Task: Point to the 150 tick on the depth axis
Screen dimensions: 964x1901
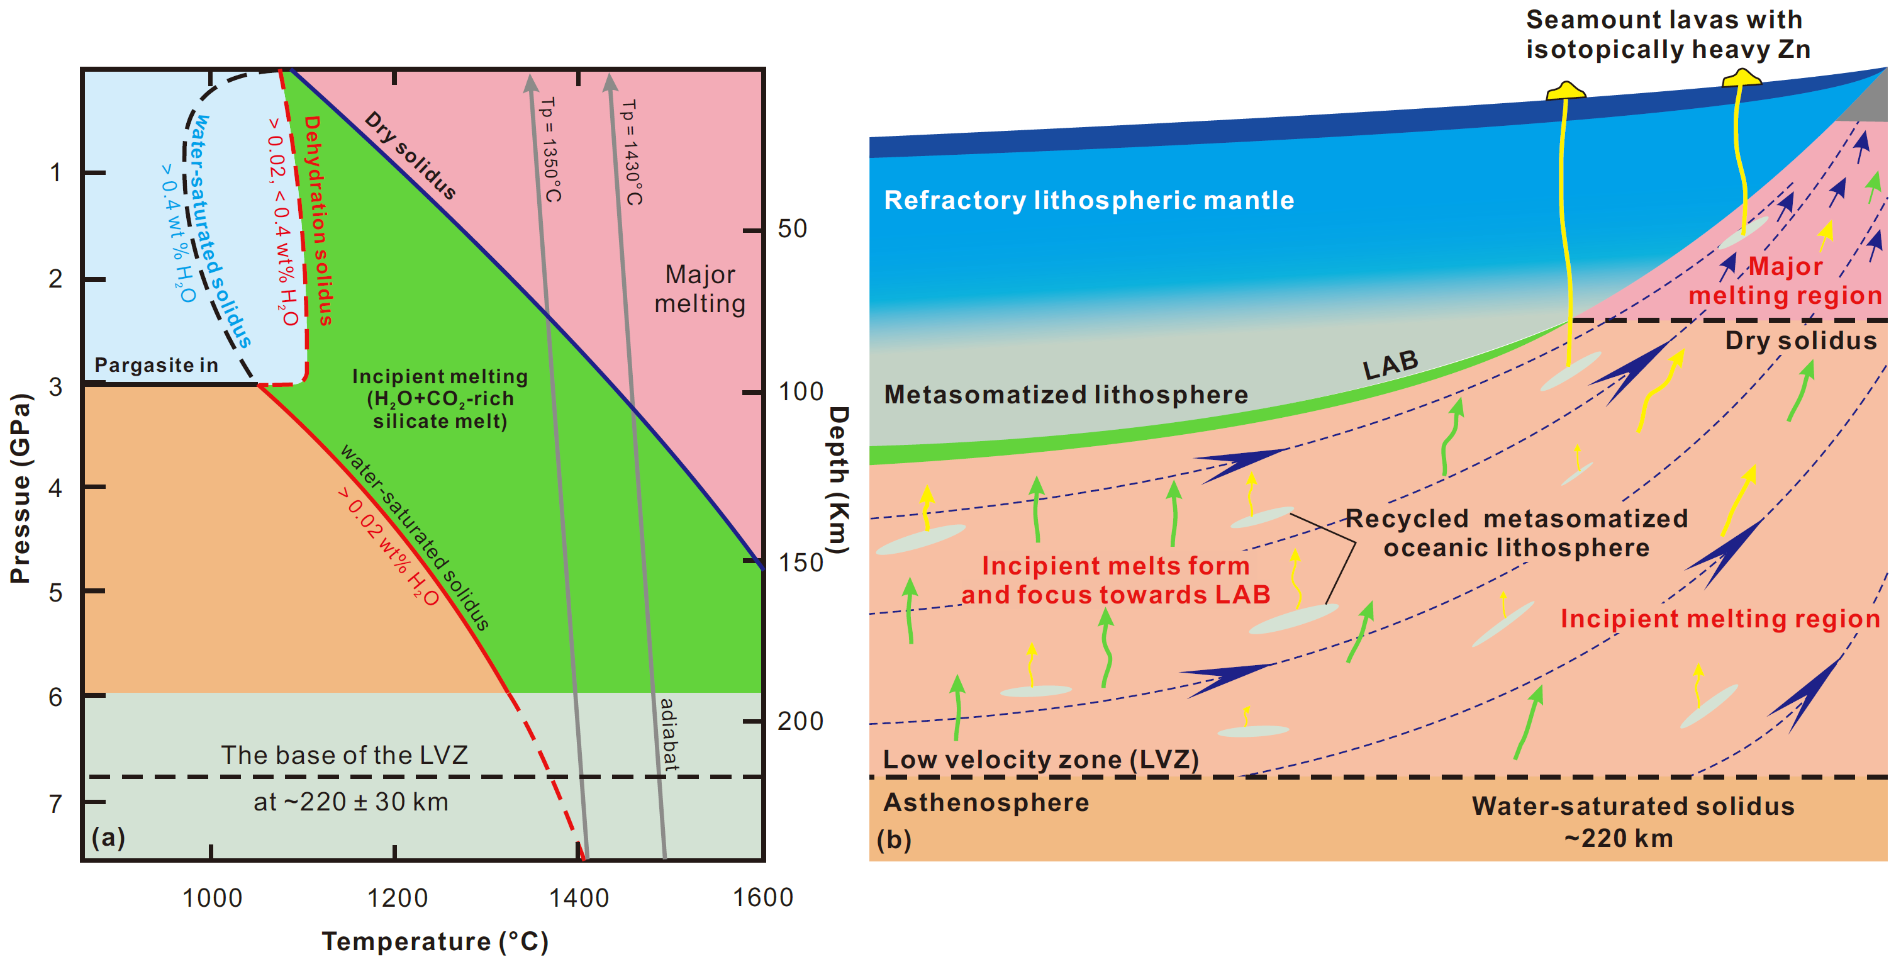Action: click(x=800, y=563)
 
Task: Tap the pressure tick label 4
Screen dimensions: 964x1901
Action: click(x=55, y=488)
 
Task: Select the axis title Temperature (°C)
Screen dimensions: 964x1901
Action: click(x=435, y=941)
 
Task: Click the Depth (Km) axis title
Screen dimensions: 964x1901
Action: click(x=839, y=479)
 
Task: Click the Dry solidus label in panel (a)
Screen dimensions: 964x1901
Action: click(x=410, y=155)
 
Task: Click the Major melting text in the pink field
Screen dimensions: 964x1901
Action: click(x=700, y=289)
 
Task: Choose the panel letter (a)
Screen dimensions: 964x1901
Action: click(x=108, y=836)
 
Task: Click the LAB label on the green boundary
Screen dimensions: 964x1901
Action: click(x=1390, y=364)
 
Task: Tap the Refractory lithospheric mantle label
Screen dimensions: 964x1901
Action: click(x=1088, y=200)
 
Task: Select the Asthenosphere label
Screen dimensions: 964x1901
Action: click(x=986, y=802)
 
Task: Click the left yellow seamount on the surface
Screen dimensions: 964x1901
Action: click(x=1565, y=91)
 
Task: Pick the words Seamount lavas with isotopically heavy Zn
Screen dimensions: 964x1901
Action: click(x=1668, y=34)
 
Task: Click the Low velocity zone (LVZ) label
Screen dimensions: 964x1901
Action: click(x=1040, y=759)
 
